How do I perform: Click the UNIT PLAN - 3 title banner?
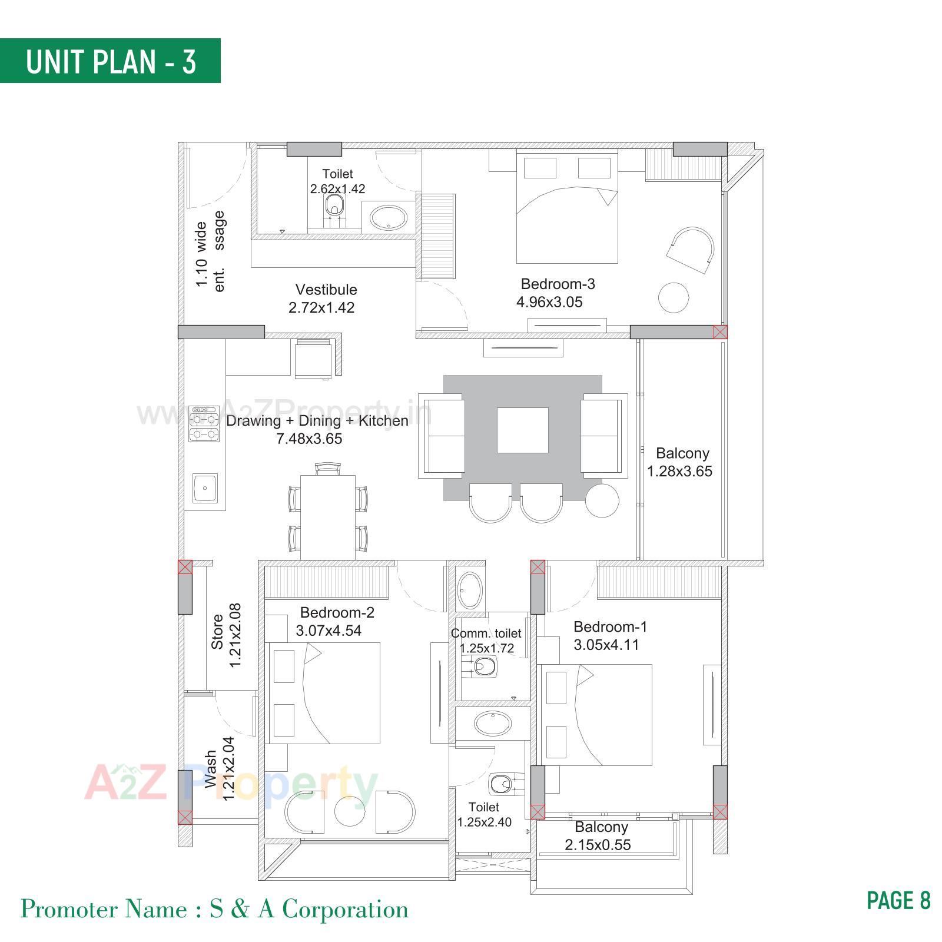click(110, 61)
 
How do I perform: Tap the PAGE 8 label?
click(898, 900)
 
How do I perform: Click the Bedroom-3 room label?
click(558, 284)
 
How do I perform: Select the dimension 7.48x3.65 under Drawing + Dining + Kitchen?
click(309, 439)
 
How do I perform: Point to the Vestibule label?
click(326, 290)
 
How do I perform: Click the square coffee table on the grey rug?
click(522, 430)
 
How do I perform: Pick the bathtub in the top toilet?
click(387, 217)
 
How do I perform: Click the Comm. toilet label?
click(486, 633)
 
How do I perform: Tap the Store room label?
click(217, 632)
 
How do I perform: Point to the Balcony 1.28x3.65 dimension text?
click(679, 471)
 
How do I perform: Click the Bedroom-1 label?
click(610, 626)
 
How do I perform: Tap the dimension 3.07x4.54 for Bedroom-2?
click(329, 631)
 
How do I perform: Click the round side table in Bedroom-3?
click(673, 297)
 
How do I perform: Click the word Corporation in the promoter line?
click(346, 910)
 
